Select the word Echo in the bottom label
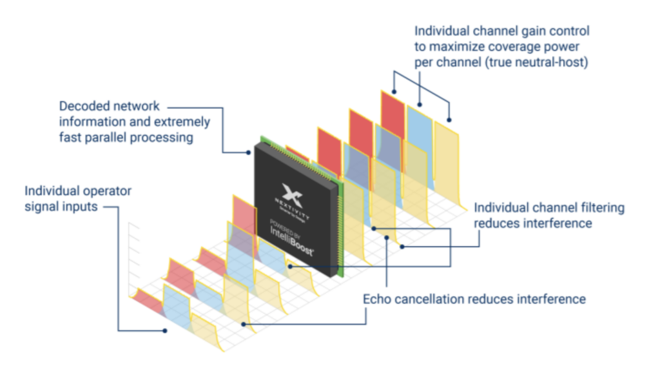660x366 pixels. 376,299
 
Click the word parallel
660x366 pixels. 104,137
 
